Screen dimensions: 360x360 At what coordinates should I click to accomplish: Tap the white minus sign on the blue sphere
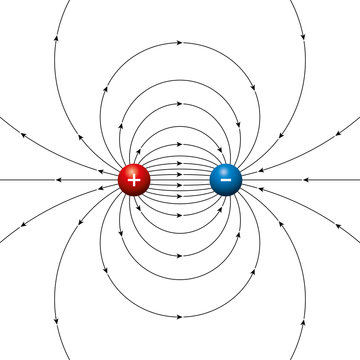tap(226, 180)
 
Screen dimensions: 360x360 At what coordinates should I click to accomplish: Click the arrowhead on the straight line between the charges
tap(180, 180)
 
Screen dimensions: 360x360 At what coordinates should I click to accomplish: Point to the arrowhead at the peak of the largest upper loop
tap(180, 43)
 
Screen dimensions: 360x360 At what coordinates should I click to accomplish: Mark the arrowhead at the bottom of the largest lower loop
tap(180, 318)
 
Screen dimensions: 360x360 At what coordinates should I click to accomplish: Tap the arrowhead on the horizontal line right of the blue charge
tap(300, 180)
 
